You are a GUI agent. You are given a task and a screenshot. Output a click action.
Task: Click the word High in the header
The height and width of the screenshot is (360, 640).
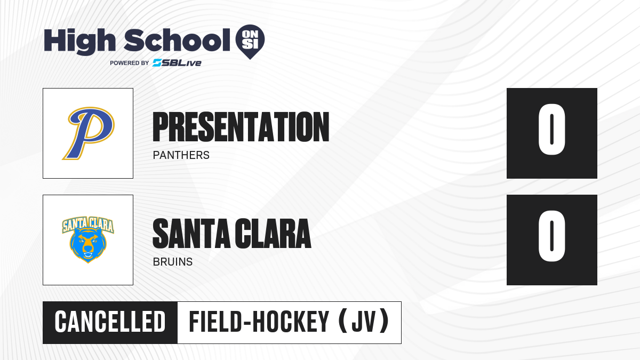[x=79, y=41]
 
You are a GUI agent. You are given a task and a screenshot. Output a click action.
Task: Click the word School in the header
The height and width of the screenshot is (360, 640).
[x=177, y=40]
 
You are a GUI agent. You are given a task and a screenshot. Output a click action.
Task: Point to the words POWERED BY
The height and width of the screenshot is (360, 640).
[x=130, y=63]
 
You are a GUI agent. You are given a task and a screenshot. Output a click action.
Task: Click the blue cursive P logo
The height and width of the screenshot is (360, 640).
[x=89, y=133]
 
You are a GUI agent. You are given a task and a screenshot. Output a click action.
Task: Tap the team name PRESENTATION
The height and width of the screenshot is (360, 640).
[x=241, y=127]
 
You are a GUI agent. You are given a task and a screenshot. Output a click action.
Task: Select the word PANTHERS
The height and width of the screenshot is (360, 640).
[x=181, y=155]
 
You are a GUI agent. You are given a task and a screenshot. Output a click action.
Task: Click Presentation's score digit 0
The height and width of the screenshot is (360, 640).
[x=551, y=129]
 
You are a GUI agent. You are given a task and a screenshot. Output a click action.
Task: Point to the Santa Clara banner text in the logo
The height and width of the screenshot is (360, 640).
[x=88, y=225]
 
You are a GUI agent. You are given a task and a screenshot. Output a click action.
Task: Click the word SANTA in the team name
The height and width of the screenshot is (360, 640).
[x=191, y=234]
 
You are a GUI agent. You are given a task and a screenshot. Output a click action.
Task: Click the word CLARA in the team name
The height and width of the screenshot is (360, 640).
[x=273, y=234]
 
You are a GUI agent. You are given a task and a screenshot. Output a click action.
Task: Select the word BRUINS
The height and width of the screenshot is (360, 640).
[x=173, y=262]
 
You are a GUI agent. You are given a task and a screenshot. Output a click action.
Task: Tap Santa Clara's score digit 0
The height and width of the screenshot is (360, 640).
[x=551, y=236]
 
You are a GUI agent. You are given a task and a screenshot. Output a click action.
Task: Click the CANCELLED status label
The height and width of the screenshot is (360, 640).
[x=110, y=322]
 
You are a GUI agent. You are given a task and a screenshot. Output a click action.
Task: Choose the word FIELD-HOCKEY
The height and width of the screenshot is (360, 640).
[x=259, y=322]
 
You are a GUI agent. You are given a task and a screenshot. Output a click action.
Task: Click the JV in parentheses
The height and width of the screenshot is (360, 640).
[x=363, y=322]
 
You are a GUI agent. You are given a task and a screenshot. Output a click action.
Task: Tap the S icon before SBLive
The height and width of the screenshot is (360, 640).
[x=157, y=62]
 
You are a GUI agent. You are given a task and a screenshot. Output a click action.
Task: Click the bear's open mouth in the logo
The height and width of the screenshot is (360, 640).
[x=87, y=254]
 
